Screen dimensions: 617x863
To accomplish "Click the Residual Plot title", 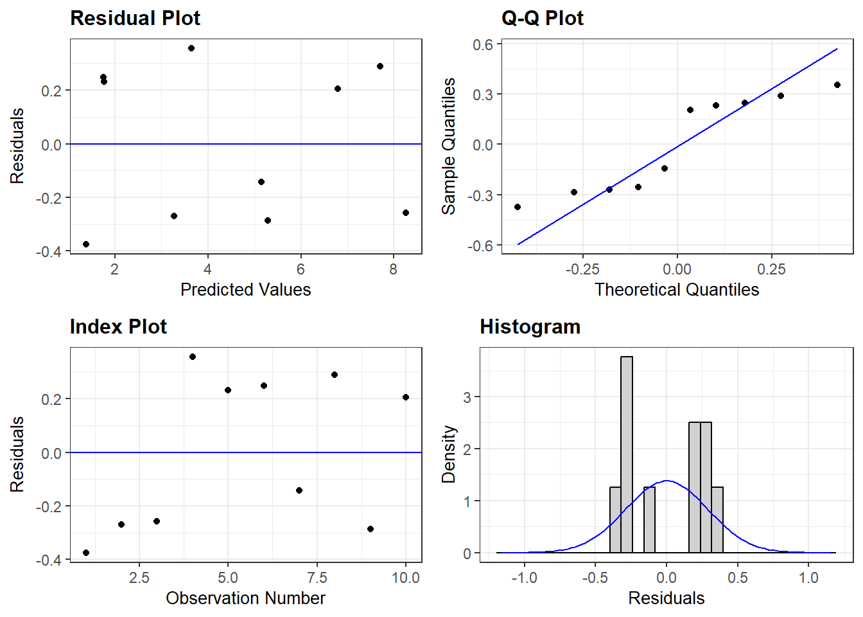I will [x=135, y=18].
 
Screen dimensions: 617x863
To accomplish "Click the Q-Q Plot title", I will [x=542, y=18].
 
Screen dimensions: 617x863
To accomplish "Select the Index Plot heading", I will [x=118, y=326].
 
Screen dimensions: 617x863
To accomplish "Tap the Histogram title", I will [x=530, y=326].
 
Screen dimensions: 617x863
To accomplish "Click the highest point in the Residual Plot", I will [x=191, y=48].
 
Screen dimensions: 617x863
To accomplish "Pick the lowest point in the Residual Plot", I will [x=86, y=244].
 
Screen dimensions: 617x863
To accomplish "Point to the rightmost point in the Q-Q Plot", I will [x=837, y=85].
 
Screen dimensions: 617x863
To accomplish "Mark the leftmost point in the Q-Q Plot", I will [x=518, y=207].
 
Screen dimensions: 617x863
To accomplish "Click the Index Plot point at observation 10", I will [x=406, y=397].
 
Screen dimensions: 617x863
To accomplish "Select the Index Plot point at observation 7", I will [x=299, y=490].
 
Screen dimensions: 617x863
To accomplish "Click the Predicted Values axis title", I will [x=245, y=290].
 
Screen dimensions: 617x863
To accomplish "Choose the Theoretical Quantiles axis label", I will [x=676, y=290].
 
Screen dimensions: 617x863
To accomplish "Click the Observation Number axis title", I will [x=245, y=598].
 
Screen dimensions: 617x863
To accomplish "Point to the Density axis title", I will [x=448, y=454].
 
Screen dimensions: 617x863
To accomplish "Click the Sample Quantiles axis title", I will [x=448, y=146].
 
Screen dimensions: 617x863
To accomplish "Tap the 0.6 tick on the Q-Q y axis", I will [x=483, y=44].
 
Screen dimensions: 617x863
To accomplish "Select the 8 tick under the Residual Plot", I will [x=394, y=269].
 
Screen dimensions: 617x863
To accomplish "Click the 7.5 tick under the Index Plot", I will [x=317, y=578].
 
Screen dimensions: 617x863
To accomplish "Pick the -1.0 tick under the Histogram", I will [x=524, y=578].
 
